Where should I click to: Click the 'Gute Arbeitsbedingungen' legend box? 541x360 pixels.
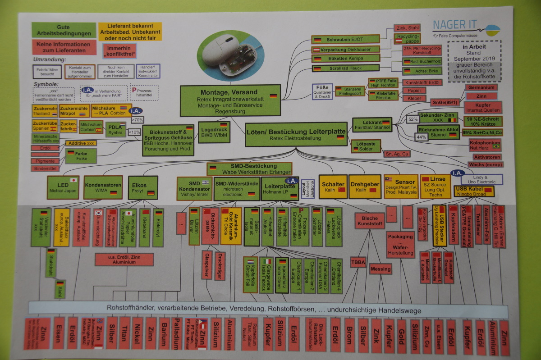click(64, 30)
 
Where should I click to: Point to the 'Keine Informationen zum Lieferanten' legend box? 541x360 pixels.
click(64, 47)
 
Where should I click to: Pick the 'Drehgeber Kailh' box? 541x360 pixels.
click(365, 187)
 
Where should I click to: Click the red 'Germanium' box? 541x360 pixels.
click(481, 87)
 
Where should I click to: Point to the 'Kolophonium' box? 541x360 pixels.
click(482, 145)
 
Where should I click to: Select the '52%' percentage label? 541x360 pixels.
click(413, 120)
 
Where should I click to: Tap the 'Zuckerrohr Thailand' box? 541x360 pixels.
click(45, 111)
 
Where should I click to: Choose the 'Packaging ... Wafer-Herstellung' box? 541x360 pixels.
click(400, 245)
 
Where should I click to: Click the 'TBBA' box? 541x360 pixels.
click(358, 262)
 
